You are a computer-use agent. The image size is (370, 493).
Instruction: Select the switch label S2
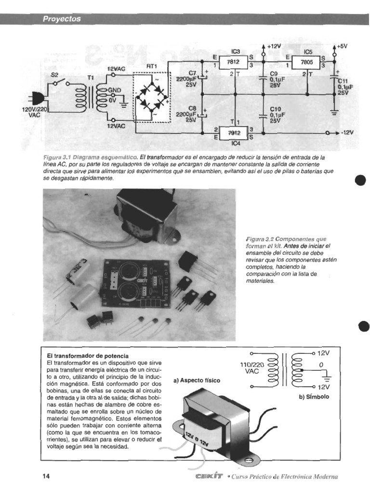click(54, 75)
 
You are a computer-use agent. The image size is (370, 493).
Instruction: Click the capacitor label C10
click(275, 109)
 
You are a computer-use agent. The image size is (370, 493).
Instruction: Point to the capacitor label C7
click(193, 72)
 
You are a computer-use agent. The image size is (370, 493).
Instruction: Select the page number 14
click(46, 476)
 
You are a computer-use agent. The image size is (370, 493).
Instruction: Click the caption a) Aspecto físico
click(197, 380)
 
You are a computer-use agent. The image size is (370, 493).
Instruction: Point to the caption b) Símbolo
click(314, 398)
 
